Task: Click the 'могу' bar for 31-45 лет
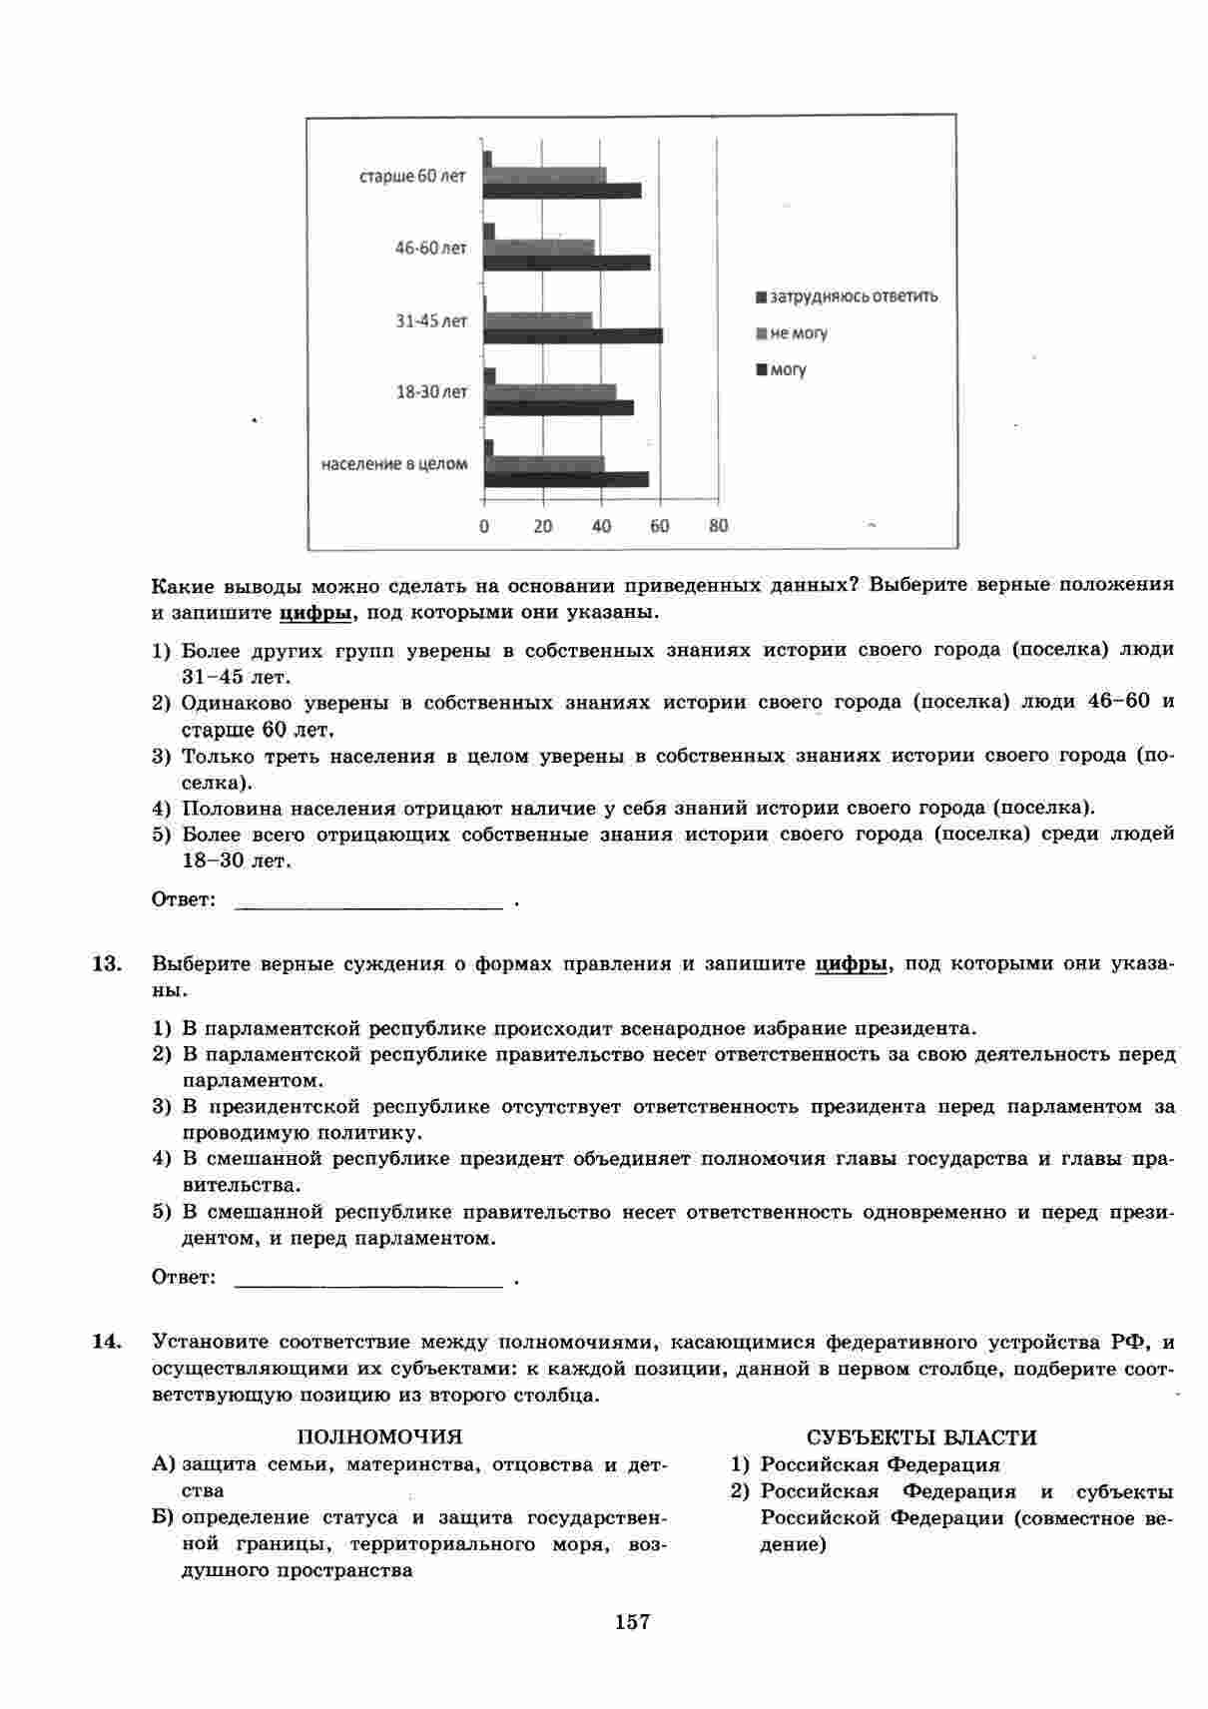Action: click(573, 335)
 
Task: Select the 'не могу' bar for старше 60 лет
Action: click(545, 176)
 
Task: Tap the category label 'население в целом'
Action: click(394, 464)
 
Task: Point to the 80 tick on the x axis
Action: click(718, 526)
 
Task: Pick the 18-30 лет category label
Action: click(431, 392)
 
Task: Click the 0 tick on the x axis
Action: click(484, 526)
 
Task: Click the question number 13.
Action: click(106, 964)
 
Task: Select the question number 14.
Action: click(106, 1342)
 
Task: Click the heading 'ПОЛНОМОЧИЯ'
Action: click(379, 1437)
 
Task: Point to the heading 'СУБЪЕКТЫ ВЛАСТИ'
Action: click(921, 1438)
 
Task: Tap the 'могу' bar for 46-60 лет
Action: click(567, 263)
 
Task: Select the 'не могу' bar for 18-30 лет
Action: click(550, 391)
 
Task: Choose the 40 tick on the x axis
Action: click(601, 526)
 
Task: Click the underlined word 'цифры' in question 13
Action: click(851, 964)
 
